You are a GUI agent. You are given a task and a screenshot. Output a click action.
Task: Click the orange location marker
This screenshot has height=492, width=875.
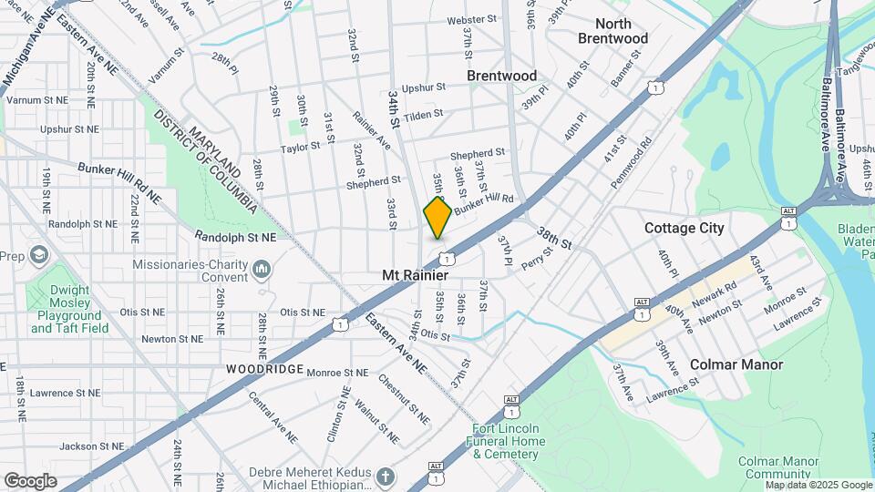pyautogui.click(x=438, y=217)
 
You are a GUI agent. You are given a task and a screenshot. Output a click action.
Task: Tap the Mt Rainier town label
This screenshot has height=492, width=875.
pyautogui.click(x=415, y=274)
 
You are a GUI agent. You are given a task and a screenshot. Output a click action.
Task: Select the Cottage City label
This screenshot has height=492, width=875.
pyautogui.click(x=684, y=228)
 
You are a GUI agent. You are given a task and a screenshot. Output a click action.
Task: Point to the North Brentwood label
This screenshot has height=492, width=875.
pyautogui.click(x=612, y=31)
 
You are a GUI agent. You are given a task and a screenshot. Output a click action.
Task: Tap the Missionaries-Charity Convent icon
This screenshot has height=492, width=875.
pyautogui.click(x=262, y=268)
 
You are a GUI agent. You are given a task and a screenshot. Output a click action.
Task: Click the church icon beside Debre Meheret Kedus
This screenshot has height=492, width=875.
pyautogui.click(x=386, y=477)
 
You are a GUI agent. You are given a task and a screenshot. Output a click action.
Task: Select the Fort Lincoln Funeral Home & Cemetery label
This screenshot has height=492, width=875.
pyautogui.click(x=506, y=441)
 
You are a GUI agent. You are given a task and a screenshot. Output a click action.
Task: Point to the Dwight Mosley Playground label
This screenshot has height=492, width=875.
pyautogui.click(x=68, y=310)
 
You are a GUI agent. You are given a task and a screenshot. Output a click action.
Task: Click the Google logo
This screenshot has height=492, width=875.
pyautogui.click(x=30, y=481)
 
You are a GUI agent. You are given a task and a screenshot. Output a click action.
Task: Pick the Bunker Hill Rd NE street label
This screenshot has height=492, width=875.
pyautogui.click(x=118, y=183)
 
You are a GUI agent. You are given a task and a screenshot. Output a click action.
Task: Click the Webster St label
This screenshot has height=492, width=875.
pyautogui.click(x=471, y=19)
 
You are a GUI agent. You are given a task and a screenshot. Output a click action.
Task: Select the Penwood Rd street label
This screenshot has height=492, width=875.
pyautogui.click(x=633, y=157)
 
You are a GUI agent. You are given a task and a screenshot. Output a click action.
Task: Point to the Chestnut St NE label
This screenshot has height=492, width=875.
pyautogui.click(x=403, y=399)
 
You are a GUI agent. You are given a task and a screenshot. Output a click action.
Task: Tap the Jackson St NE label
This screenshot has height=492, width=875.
pyautogui.click(x=91, y=446)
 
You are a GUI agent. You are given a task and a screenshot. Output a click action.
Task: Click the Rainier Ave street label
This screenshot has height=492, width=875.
pyautogui.click(x=371, y=131)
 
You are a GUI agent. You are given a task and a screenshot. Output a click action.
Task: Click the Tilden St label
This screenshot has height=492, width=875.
pyautogui.click(x=422, y=115)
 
